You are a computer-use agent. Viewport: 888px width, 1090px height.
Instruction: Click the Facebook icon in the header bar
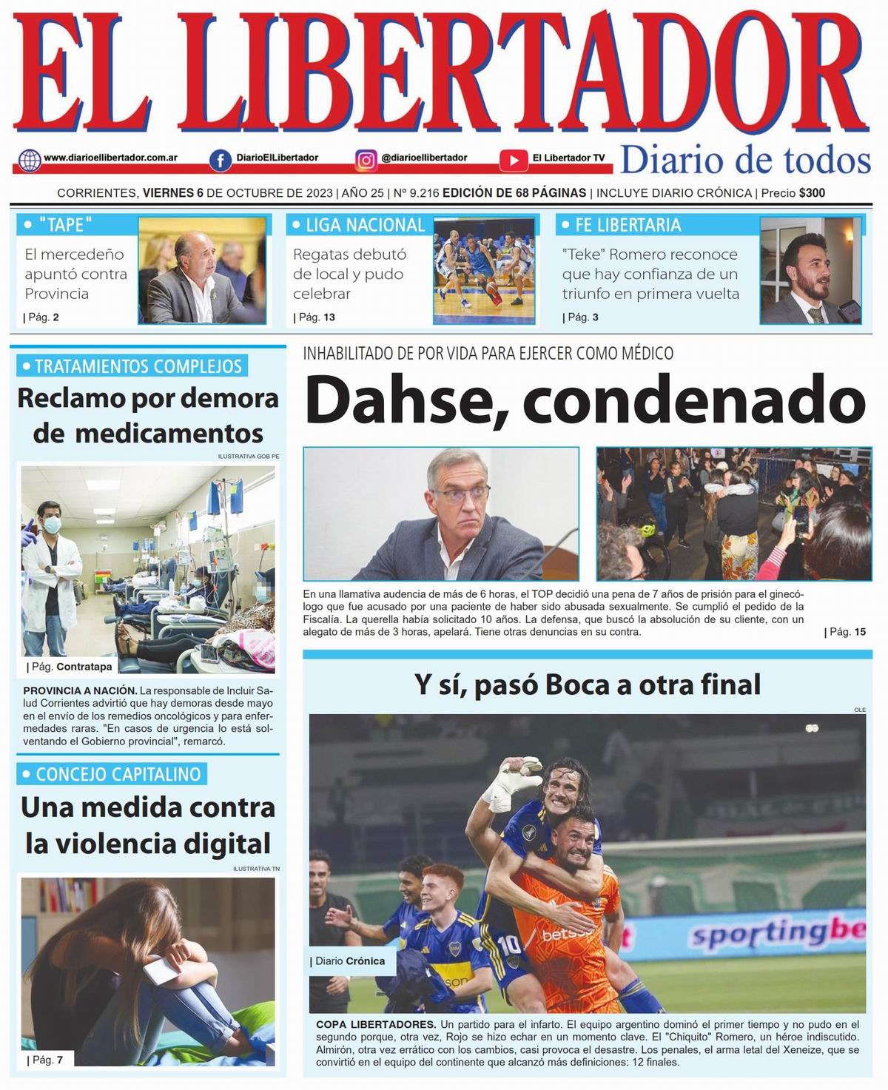220,160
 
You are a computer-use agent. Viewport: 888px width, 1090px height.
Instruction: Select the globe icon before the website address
30,160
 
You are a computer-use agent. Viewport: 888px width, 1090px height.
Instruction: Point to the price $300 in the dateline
812,193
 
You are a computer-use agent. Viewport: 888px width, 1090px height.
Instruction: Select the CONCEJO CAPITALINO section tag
118,774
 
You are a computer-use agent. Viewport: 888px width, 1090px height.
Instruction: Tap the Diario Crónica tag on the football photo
349,961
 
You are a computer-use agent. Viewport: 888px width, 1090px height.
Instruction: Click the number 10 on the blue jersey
510,945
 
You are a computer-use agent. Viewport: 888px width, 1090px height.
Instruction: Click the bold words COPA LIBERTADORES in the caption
376,1024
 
